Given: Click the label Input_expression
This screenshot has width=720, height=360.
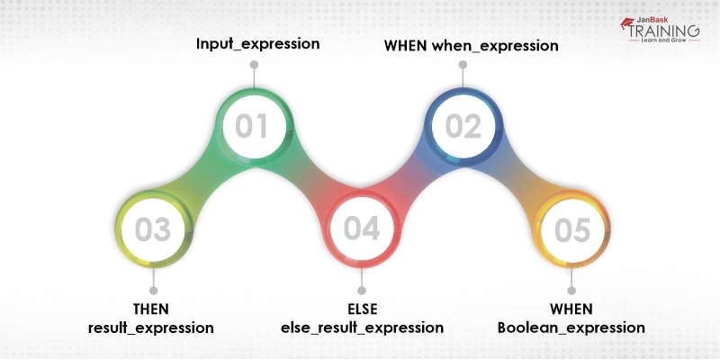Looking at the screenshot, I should click(x=257, y=43).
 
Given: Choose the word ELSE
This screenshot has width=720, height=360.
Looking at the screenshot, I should click(x=362, y=309).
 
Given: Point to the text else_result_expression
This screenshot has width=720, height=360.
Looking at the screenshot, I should click(x=362, y=328).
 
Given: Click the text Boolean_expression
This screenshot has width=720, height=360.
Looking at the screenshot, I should click(x=571, y=328).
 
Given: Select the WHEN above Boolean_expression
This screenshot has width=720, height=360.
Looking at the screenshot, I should click(x=571, y=309).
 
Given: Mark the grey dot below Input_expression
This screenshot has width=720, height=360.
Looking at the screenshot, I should click(x=255, y=65).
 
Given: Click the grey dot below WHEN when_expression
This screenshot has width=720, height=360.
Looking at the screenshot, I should click(x=463, y=65).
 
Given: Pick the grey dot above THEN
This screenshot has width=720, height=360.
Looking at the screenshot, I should click(x=152, y=291).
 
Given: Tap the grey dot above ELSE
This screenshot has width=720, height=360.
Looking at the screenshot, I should click(x=362, y=291).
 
